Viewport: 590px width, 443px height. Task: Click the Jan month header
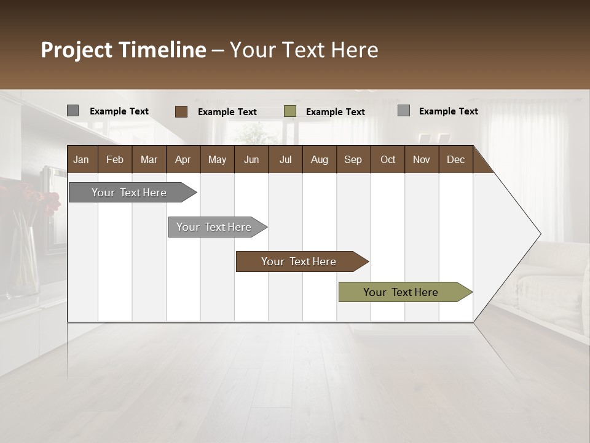point(81,159)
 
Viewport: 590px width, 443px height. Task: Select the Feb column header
point(115,159)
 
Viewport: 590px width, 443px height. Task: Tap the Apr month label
point(183,159)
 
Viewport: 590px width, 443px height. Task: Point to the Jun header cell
point(251,159)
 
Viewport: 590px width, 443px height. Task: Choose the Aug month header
point(319,159)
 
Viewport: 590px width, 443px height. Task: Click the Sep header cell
point(353,159)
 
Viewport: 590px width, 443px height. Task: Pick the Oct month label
point(388,159)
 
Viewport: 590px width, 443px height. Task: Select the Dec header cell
point(455,159)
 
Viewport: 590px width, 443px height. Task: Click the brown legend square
point(181,111)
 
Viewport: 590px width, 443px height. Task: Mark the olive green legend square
point(290,111)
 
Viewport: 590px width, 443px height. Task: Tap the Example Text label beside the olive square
point(336,112)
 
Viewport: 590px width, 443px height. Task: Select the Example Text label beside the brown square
point(227,112)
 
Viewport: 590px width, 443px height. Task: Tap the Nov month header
point(422,159)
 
